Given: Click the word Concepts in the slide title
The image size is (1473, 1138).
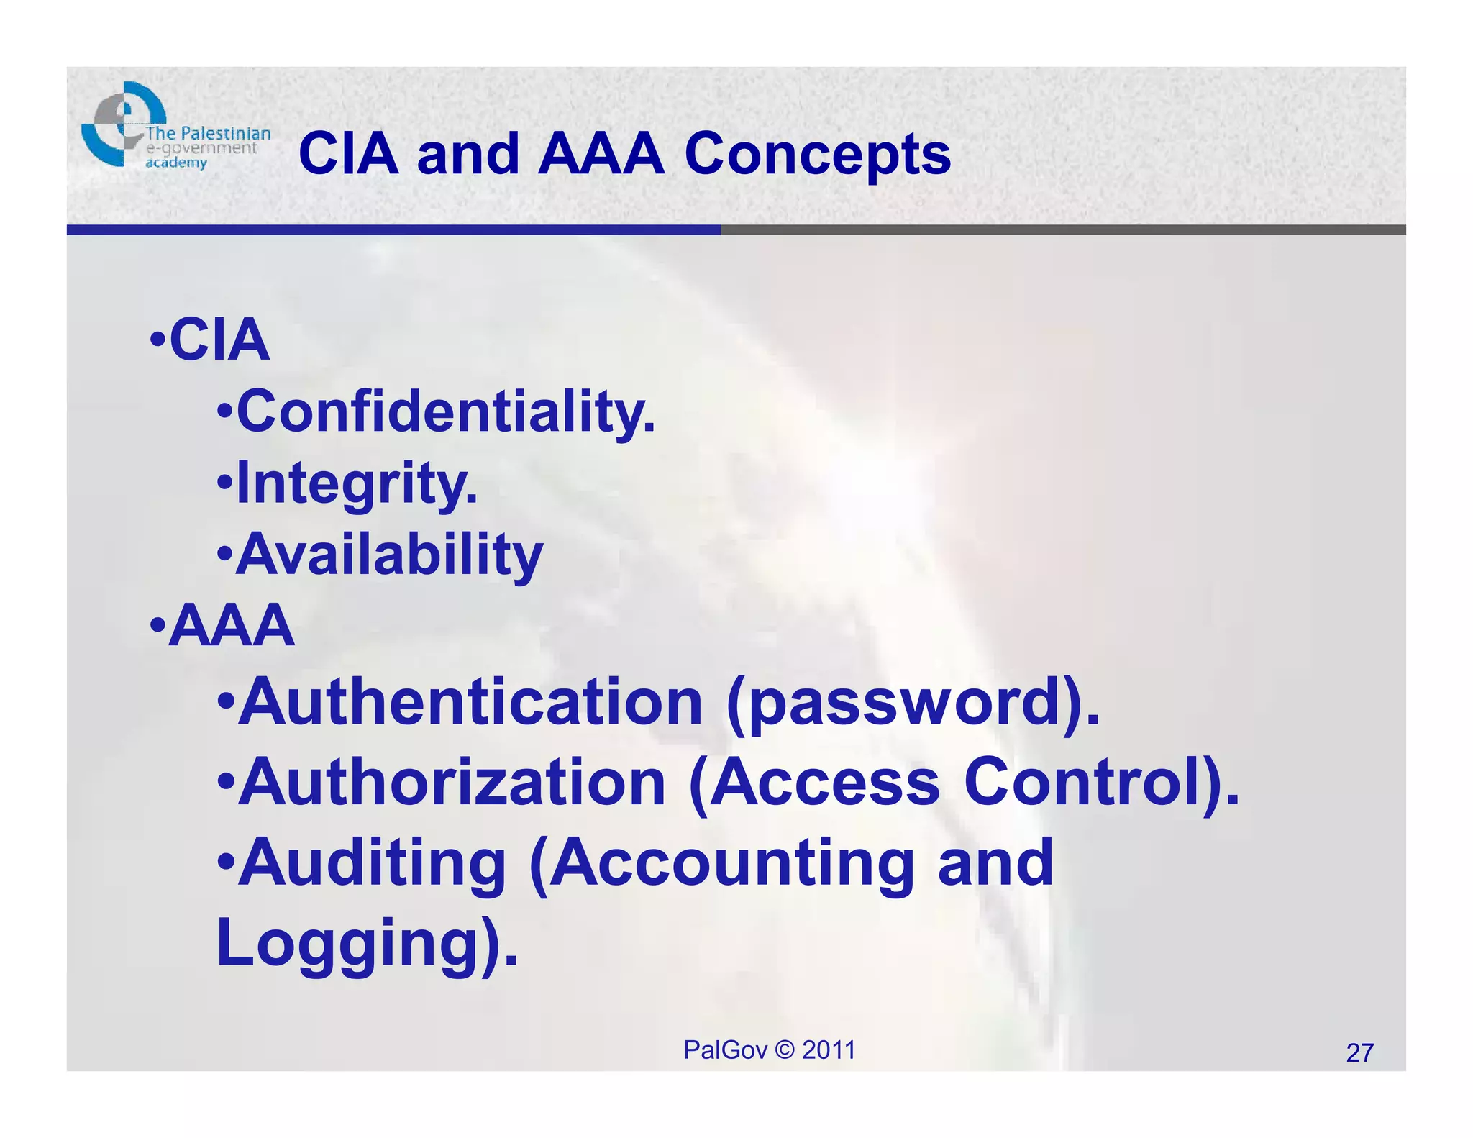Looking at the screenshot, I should pos(817,155).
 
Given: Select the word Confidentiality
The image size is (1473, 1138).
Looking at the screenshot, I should pos(446,412).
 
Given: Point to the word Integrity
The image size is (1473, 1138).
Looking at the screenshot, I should pos(357,484).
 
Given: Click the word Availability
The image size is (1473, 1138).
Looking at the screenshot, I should pos(390,555).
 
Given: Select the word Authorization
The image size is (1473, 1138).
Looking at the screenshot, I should pos(452,783).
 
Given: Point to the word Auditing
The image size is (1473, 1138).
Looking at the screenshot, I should pos(373,863).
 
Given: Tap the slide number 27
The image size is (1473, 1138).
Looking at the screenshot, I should pos(1359,1053).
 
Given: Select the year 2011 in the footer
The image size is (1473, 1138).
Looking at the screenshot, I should pos(829,1050).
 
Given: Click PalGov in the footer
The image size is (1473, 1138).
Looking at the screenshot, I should pos(725,1050).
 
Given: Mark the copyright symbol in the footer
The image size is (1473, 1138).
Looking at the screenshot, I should pos(785,1050).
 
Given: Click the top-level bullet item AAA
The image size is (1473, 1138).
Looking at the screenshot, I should pos(232,626).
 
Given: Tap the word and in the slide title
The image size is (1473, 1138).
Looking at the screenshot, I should pos(468,155).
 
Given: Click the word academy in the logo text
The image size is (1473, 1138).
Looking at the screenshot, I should pos(176,163).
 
